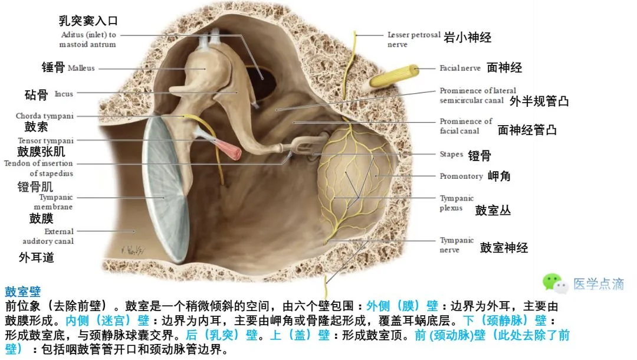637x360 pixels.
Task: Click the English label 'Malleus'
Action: coord(81,68)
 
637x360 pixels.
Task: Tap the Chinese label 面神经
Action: coord(504,67)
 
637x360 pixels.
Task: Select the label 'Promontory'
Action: coord(461,176)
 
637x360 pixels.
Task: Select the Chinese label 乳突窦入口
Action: coord(88,21)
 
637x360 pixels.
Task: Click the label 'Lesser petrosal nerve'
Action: coord(413,39)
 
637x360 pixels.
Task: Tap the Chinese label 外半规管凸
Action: coord(539,101)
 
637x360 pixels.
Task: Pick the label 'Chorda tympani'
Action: coord(45,116)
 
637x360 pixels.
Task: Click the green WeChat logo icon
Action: coord(555,283)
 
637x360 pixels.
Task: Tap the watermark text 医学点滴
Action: coord(599,284)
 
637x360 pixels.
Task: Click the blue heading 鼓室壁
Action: coord(22,292)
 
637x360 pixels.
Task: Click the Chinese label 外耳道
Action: coord(37,257)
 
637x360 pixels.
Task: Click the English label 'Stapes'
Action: coord(451,155)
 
